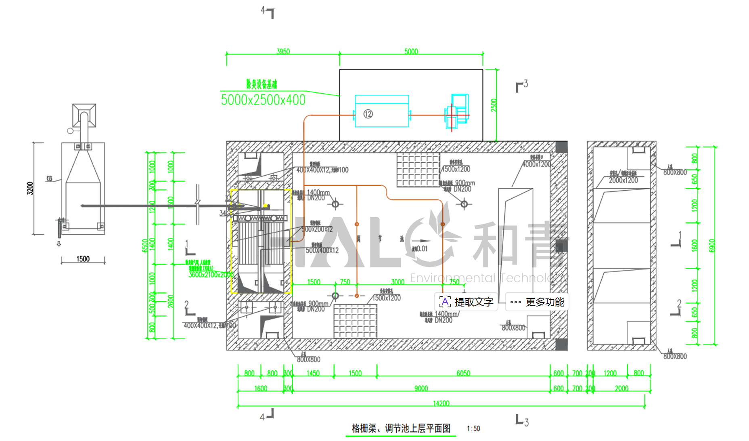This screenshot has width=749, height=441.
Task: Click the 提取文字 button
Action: click(x=466, y=302)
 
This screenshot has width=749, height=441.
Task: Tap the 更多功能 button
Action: click(x=538, y=302)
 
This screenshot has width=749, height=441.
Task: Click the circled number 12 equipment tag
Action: click(x=368, y=114)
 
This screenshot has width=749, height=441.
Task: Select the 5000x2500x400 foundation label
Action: click(x=263, y=100)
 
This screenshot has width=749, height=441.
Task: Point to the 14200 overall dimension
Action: click(x=441, y=403)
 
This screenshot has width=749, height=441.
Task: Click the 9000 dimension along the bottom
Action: click(x=421, y=388)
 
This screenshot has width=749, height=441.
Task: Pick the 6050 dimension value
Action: click(x=463, y=373)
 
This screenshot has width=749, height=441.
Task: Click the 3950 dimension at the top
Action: click(x=283, y=51)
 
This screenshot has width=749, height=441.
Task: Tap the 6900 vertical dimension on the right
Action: click(x=712, y=246)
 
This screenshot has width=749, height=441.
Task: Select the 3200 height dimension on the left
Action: click(x=30, y=188)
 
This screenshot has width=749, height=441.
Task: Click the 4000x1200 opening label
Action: click(x=536, y=164)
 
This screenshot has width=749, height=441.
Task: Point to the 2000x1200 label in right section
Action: click(x=623, y=180)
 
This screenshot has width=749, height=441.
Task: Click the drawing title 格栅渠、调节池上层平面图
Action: click(x=401, y=428)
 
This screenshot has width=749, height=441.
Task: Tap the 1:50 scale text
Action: click(x=473, y=428)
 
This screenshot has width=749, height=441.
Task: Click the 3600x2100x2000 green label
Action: click(x=211, y=275)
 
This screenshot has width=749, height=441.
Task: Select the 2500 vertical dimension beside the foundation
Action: click(x=494, y=105)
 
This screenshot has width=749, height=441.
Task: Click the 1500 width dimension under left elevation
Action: click(x=83, y=259)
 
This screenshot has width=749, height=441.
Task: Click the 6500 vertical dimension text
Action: click(x=144, y=246)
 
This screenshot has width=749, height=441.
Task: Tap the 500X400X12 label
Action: click(x=322, y=250)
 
